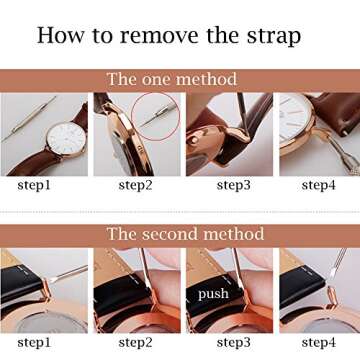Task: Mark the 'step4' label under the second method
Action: coord(318,342)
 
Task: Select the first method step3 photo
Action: coord(228,134)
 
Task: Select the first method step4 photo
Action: coord(318,134)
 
